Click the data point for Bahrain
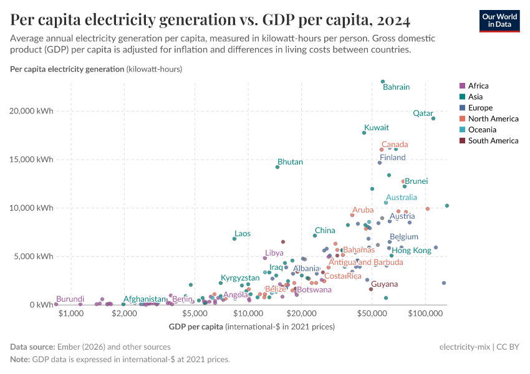(x=383, y=82)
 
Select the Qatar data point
(x=433, y=118)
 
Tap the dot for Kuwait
(x=364, y=133)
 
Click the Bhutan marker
(x=277, y=167)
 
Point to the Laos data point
(x=234, y=239)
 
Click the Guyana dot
(x=371, y=289)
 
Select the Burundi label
(x=70, y=299)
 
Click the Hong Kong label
(x=412, y=251)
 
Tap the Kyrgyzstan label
(x=240, y=277)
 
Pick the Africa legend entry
(x=478, y=86)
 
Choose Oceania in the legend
(x=481, y=130)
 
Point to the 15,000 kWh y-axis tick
(x=36, y=160)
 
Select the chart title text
(x=210, y=21)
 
